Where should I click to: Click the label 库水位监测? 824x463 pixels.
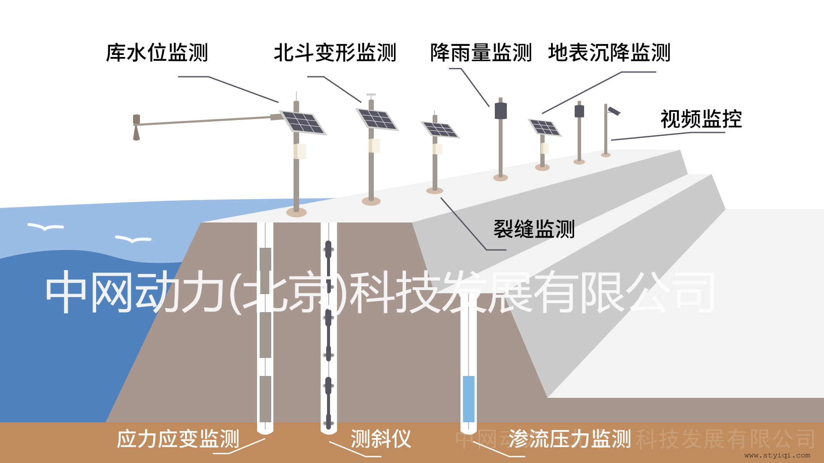157,53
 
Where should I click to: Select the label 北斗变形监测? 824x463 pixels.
335,53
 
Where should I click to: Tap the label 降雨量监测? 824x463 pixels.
481,53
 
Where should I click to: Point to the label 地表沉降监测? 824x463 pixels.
609,53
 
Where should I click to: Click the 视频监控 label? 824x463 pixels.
701,119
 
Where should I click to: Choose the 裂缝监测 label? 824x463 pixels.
534,229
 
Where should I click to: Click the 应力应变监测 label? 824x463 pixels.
178,439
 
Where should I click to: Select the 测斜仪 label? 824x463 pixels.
381,439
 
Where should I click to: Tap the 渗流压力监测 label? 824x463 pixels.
570,439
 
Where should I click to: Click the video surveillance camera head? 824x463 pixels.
614,111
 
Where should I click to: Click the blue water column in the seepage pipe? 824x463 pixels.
469,399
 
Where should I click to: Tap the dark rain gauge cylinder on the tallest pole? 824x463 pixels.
501,111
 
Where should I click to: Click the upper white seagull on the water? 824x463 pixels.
45,226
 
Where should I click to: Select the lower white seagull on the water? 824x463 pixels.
133,239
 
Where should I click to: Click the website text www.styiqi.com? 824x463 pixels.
777,455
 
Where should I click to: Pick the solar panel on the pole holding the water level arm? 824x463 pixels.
303,123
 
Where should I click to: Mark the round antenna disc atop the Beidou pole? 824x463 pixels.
371,94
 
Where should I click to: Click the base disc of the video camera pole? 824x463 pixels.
606,155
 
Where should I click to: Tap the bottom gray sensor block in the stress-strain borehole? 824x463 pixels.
265,399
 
